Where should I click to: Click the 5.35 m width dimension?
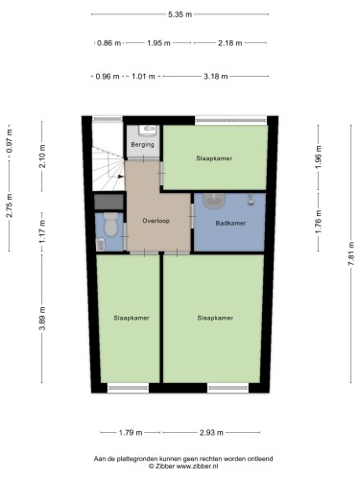tap(180, 14)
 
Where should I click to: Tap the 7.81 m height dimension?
tap(351, 253)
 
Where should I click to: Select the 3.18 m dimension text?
tap(216, 77)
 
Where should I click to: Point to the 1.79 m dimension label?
tap(131, 433)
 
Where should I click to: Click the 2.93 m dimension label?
tap(211, 433)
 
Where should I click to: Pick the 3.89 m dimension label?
tap(42, 318)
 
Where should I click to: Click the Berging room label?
tap(142, 145)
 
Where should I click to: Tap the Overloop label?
tap(156, 221)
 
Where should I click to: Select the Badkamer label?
tap(230, 224)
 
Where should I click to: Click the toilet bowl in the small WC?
tap(110, 224)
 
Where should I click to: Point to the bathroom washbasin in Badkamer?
tap(214, 201)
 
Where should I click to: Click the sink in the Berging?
tap(148, 131)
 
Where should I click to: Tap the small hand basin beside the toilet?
tap(101, 245)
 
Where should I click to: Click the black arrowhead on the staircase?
tap(121, 177)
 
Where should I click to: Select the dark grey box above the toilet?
tap(108, 202)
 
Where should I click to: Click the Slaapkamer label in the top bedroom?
tap(214, 158)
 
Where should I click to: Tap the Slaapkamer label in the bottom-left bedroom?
tap(132, 318)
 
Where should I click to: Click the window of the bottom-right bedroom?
tap(228, 389)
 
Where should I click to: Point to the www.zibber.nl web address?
tap(197, 467)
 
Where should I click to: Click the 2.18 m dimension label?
tap(230, 43)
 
